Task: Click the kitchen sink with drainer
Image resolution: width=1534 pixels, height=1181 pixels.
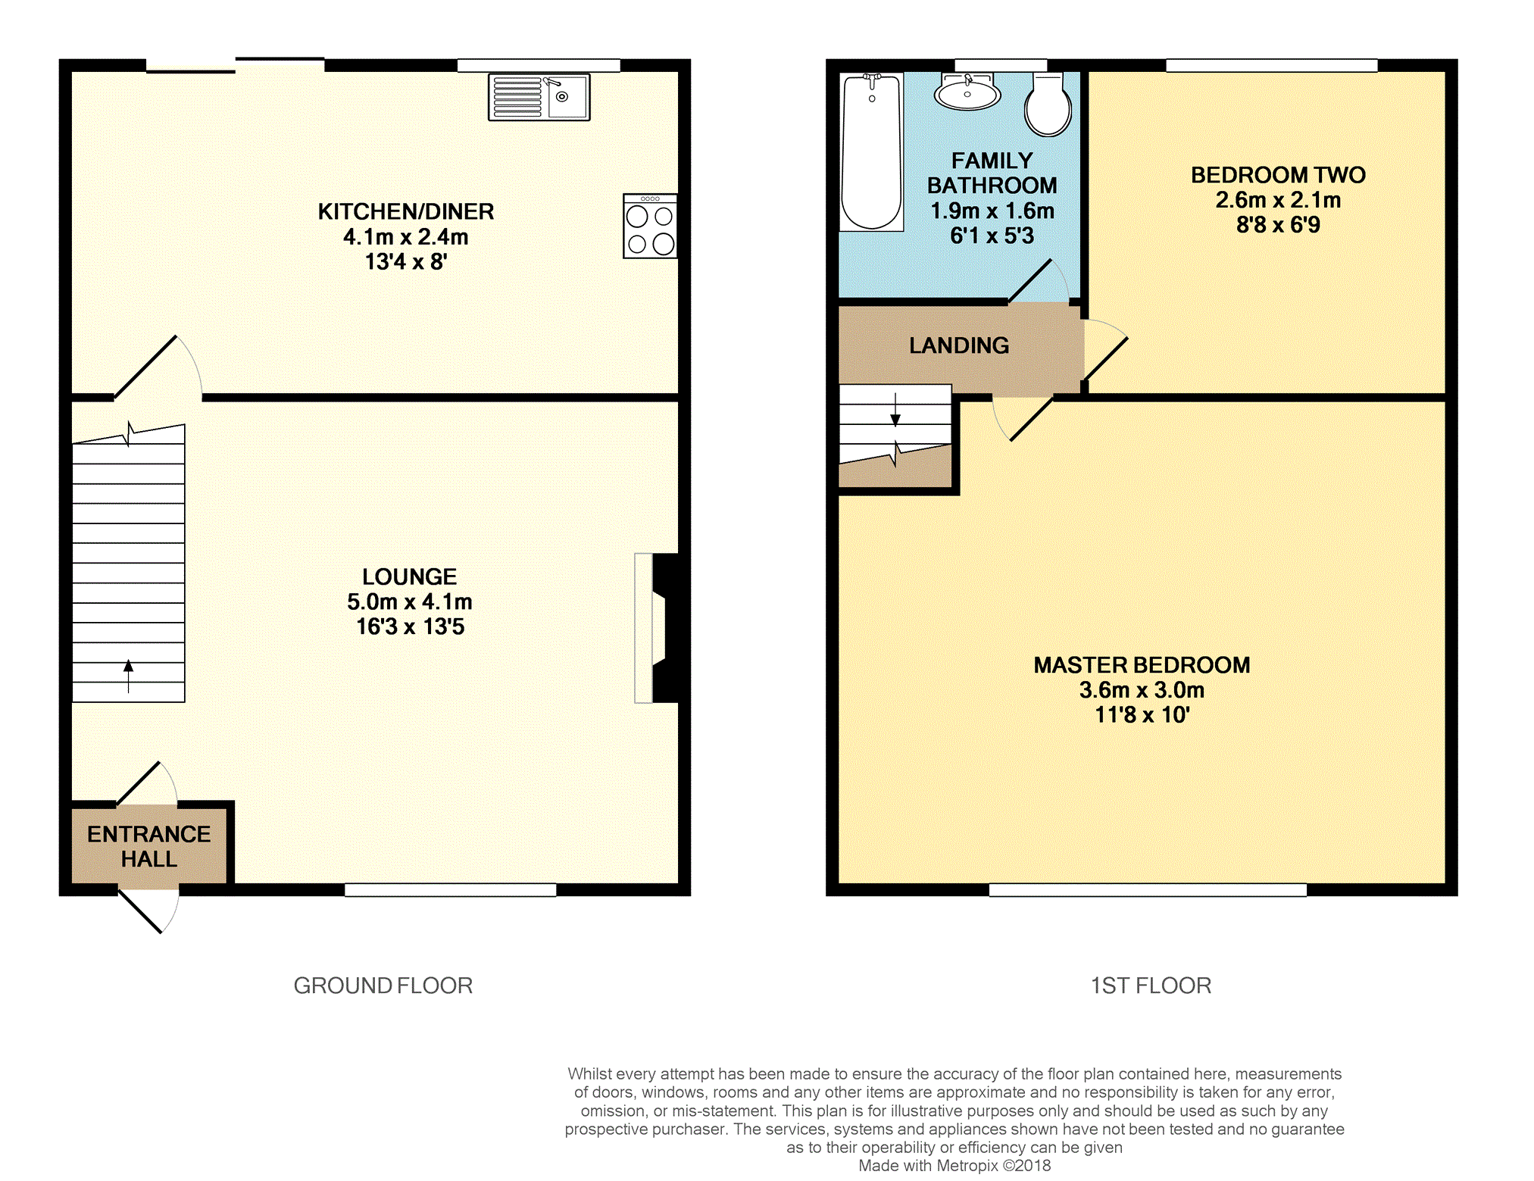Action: [539, 97]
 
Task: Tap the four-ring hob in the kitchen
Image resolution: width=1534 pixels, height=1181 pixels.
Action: [650, 227]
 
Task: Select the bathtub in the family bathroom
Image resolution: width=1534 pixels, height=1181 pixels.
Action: [872, 152]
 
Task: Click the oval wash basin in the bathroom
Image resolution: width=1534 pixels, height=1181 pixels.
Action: [967, 93]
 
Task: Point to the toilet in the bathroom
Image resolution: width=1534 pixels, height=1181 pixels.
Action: [1048, 105]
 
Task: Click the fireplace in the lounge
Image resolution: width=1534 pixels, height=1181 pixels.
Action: [656, 628]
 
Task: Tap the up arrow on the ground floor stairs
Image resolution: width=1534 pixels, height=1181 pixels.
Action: [129, 676]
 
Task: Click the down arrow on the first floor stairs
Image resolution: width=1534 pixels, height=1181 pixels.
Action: [895, 410]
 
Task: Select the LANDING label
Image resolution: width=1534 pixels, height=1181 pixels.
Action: [959, 345]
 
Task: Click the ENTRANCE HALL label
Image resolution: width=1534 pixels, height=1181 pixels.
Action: [149, 846]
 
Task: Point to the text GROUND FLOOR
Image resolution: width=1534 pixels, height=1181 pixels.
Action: [383, 986]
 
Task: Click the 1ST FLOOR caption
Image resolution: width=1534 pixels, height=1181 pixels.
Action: [1151, 986]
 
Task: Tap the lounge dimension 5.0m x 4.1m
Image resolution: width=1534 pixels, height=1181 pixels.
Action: [410, 601]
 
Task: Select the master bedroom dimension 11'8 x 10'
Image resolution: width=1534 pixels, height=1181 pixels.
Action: [1142, 714]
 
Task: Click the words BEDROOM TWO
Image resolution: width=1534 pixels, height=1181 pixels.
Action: [1279, 175]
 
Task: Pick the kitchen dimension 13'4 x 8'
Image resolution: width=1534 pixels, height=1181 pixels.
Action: [406, 261]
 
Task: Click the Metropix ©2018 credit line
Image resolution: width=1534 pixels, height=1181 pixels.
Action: [954, 1166]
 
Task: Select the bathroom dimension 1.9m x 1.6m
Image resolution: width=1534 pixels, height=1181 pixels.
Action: [992, 211]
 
